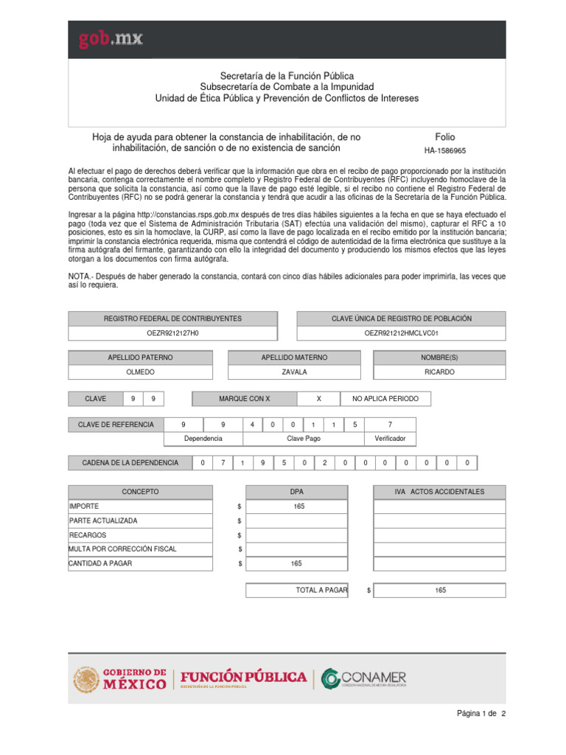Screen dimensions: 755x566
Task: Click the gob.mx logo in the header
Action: [x=111, y=39]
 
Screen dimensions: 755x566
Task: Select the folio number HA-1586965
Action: [x=445, y=150]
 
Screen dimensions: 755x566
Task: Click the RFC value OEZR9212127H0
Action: [x=173, y=333]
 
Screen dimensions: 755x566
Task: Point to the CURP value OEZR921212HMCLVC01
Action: [x=401, y=333]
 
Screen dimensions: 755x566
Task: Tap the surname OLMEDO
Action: [x=140, y=372]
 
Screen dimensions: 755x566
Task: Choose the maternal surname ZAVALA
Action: [x=294, y=372]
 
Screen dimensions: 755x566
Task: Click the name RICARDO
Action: [x=439, y=372]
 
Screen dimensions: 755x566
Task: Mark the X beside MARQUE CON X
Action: [x=318, y=399]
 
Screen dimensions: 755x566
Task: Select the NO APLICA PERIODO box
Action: [x=385, y=399]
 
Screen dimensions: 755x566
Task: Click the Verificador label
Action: [x=390, y=438]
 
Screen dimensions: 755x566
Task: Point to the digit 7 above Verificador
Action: [x=390, y=425]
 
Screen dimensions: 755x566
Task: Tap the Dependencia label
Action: [x=203, y=438]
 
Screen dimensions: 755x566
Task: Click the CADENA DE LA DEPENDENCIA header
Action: [x=130, y=463]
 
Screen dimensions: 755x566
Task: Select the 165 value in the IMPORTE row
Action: [x=298, y=507]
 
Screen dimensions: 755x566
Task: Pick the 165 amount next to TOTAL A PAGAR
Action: [x=440, y=591]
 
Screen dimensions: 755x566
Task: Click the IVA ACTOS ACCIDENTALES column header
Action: [x=439, y=492]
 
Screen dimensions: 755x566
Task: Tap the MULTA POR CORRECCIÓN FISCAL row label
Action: [x=122, y=549]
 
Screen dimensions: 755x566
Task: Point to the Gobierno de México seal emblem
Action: [x=86, y=679]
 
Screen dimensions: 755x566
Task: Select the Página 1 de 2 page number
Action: [x=481, y=714]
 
